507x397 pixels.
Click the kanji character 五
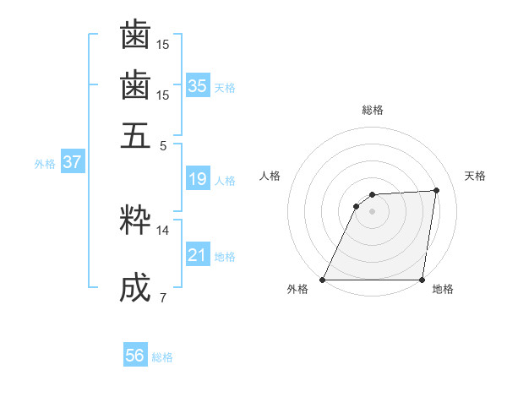point(135,134)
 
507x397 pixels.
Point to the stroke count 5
point(163,145)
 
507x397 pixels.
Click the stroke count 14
point(163,230)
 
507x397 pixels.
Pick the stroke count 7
point(163,297)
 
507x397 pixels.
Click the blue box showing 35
point(198,86)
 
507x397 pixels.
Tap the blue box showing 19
point(198,179)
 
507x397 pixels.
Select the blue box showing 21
point(198,255)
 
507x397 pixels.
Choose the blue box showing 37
point(72,162)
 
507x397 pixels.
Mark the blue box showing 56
point(135,356)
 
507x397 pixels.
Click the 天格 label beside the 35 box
point(225,88)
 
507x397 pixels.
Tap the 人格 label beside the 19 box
point(225,181)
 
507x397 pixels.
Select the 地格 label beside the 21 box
point(225,257)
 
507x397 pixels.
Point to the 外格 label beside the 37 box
point(45,164)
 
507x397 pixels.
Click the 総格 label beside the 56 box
point(162,357)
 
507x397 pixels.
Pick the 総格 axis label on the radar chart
point(373,110)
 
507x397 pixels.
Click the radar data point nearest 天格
point(436,190)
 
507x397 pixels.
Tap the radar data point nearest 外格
point(323,280)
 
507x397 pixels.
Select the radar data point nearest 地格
point(422,280)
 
